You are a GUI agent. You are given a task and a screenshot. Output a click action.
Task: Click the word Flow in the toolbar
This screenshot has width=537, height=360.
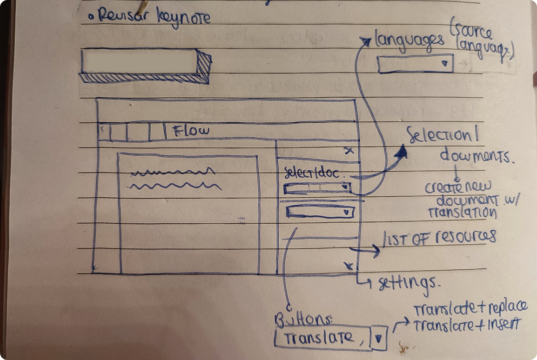192,131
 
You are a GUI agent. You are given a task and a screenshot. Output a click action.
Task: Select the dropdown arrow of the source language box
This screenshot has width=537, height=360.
446,64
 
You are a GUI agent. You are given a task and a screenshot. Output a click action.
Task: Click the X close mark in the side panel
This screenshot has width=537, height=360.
349,150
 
